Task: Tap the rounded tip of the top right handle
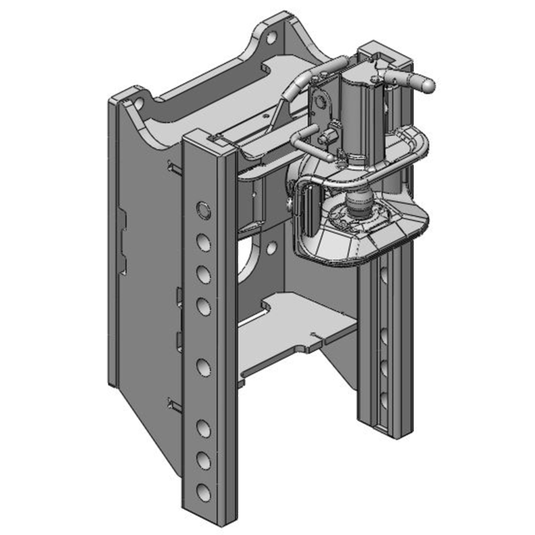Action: pyautogui.click(x=427, y=85)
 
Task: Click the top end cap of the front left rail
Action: pyautogui.click(x=208, y=141)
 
